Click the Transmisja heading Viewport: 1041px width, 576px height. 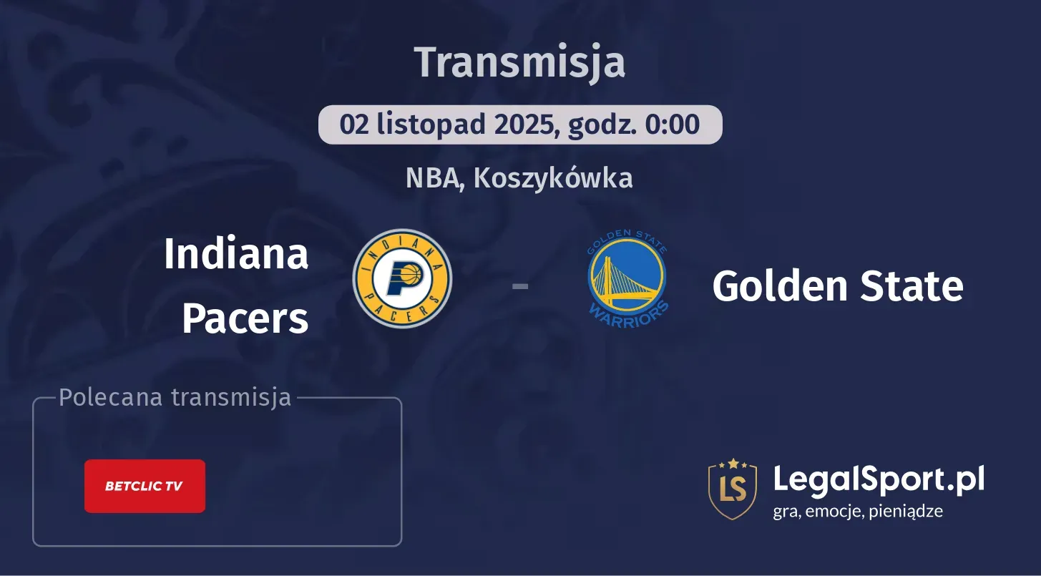(520, 62)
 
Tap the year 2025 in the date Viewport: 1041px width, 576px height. (527, 125)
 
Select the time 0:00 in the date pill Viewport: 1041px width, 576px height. (673, 125)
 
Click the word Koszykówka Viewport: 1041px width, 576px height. (552, 178)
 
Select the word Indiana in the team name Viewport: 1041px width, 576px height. (236, 253)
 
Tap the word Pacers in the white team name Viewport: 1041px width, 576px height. (245, 318)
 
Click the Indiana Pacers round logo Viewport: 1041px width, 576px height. (402, 279)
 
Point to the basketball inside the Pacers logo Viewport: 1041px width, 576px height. (409, 273)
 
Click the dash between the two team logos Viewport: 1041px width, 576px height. (520, 286)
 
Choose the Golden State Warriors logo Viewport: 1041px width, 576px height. (627, 279)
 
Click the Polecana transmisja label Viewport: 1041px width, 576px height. (175, 397)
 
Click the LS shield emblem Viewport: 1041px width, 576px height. (732, 489)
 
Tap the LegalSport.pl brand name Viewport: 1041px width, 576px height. (879, 479)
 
